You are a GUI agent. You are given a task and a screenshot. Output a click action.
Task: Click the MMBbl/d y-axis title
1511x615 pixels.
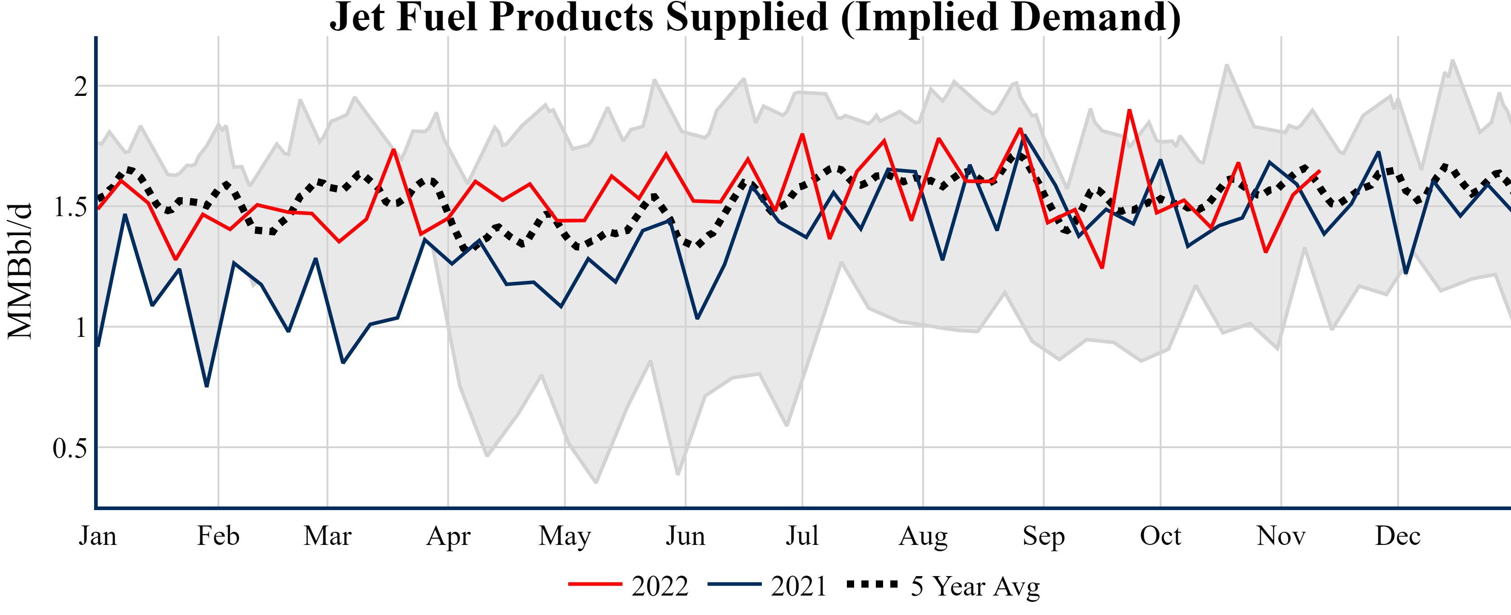(19, 271)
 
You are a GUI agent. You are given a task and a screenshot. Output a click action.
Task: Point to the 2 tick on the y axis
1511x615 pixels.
(81, 87)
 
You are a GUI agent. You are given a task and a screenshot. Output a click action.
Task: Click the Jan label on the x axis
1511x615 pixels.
(97, 536)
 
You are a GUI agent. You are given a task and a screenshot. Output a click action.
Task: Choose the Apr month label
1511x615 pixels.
(448, 536)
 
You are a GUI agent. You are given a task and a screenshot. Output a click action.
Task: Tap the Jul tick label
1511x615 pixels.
(802, 536)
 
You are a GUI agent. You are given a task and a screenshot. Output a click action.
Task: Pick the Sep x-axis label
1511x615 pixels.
(1044, 536)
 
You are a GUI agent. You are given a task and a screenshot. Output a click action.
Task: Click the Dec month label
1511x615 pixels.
(1398, 536)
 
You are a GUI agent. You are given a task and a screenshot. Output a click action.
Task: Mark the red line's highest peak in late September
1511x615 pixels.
(1129, 110)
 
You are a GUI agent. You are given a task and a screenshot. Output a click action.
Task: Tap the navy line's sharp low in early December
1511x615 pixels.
(1406, 273)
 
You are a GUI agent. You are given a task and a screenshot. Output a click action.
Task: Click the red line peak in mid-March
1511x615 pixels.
(394, 150)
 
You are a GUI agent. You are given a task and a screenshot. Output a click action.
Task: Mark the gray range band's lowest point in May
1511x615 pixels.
(596, 483)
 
